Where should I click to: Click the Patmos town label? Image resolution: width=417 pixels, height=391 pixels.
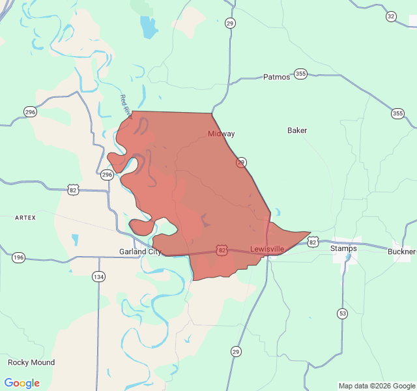(276, 77)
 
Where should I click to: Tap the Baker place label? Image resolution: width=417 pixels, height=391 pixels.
(297, 130)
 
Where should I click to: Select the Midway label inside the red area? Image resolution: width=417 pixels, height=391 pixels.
(222, 134)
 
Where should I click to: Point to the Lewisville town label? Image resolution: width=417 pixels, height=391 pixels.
(267, 249)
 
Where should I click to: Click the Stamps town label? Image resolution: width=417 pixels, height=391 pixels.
(343, 248)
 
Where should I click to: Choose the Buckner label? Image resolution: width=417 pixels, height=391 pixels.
(401, 252)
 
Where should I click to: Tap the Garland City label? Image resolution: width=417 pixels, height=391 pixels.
(140, 252)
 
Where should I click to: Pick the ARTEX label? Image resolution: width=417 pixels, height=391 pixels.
(25, 217)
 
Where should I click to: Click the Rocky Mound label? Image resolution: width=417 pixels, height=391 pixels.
(31, 362)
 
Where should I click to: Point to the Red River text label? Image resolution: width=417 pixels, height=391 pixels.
(125, 106)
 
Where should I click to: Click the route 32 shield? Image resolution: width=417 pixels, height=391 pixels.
(391, 16)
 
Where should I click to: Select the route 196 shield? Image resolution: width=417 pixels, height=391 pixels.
(19, 257)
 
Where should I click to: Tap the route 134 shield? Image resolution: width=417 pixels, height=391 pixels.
(98, 276)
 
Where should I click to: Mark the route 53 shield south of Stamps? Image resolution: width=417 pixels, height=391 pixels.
(342, 313)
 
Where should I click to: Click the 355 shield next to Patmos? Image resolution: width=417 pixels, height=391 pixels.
(300, 74)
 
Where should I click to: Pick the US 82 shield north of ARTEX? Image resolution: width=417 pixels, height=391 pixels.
(72, 189)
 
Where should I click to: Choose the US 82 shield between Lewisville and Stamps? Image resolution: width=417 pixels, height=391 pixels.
(313, 242)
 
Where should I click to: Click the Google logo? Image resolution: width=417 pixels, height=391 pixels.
(22, 383)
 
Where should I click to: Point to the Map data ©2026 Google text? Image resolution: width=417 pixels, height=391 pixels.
(377, 386)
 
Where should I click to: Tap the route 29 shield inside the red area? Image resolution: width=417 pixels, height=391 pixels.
(242, 162)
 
